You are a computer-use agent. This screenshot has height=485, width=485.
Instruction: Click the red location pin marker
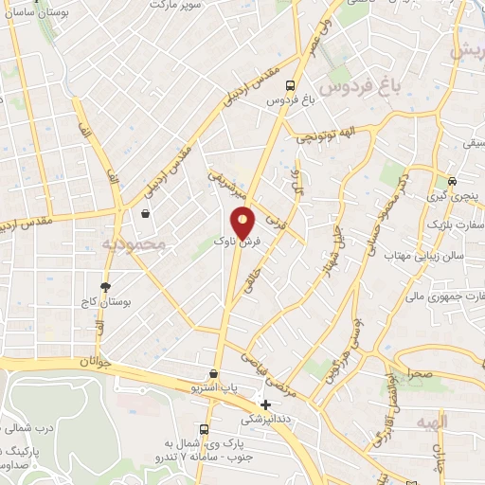243,223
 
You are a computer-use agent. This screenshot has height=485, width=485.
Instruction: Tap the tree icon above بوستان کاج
105,287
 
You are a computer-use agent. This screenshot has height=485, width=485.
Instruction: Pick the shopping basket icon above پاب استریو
215,374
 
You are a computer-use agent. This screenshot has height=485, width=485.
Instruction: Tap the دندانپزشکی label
266,418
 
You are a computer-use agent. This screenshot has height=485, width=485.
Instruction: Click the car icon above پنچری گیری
453,181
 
